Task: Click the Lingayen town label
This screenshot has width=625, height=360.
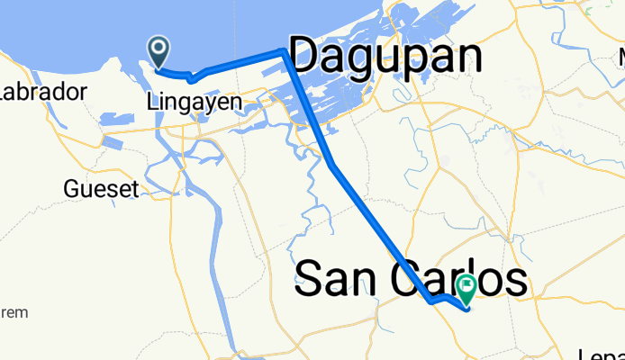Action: pyautogui.click(x=194, y=103)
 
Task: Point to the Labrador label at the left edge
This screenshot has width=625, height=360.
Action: pyautogui.click(x=43, y=92)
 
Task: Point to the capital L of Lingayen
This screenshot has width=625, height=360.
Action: pyautogui.click(x=151, y=103)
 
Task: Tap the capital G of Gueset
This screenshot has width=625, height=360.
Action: pyautogui.click(x=71, y=189)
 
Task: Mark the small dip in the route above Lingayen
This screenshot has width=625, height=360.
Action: pyautogui.click(x=192, y=79)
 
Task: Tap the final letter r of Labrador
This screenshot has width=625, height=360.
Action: pyautogui.click(x=83, y=92)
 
